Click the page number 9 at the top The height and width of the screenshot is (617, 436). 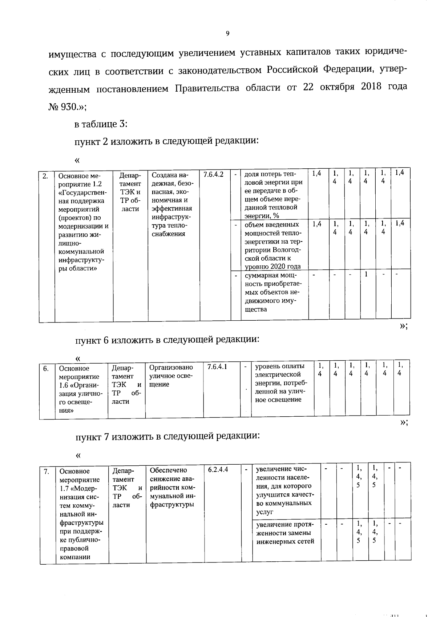(227, 33)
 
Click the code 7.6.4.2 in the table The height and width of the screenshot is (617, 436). (214, 174)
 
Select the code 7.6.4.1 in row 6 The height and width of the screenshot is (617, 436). (217, 366)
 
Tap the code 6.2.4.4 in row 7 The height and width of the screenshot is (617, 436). (218, 469)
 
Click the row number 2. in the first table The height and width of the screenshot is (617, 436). (45, 177)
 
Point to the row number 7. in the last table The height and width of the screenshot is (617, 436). (46, 472)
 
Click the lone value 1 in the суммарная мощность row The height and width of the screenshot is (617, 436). (366, 275)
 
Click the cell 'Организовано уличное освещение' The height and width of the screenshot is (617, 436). (171, 376)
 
